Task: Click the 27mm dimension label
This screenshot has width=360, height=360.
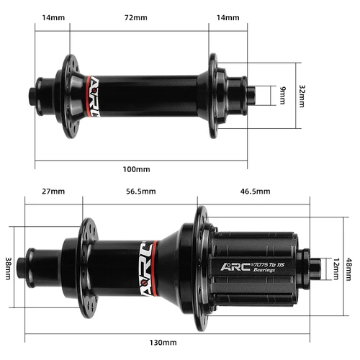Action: pyautogui.click(x=53, y=192)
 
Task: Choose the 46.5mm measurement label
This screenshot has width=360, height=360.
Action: pyautogui.click(x=255, y=192)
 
